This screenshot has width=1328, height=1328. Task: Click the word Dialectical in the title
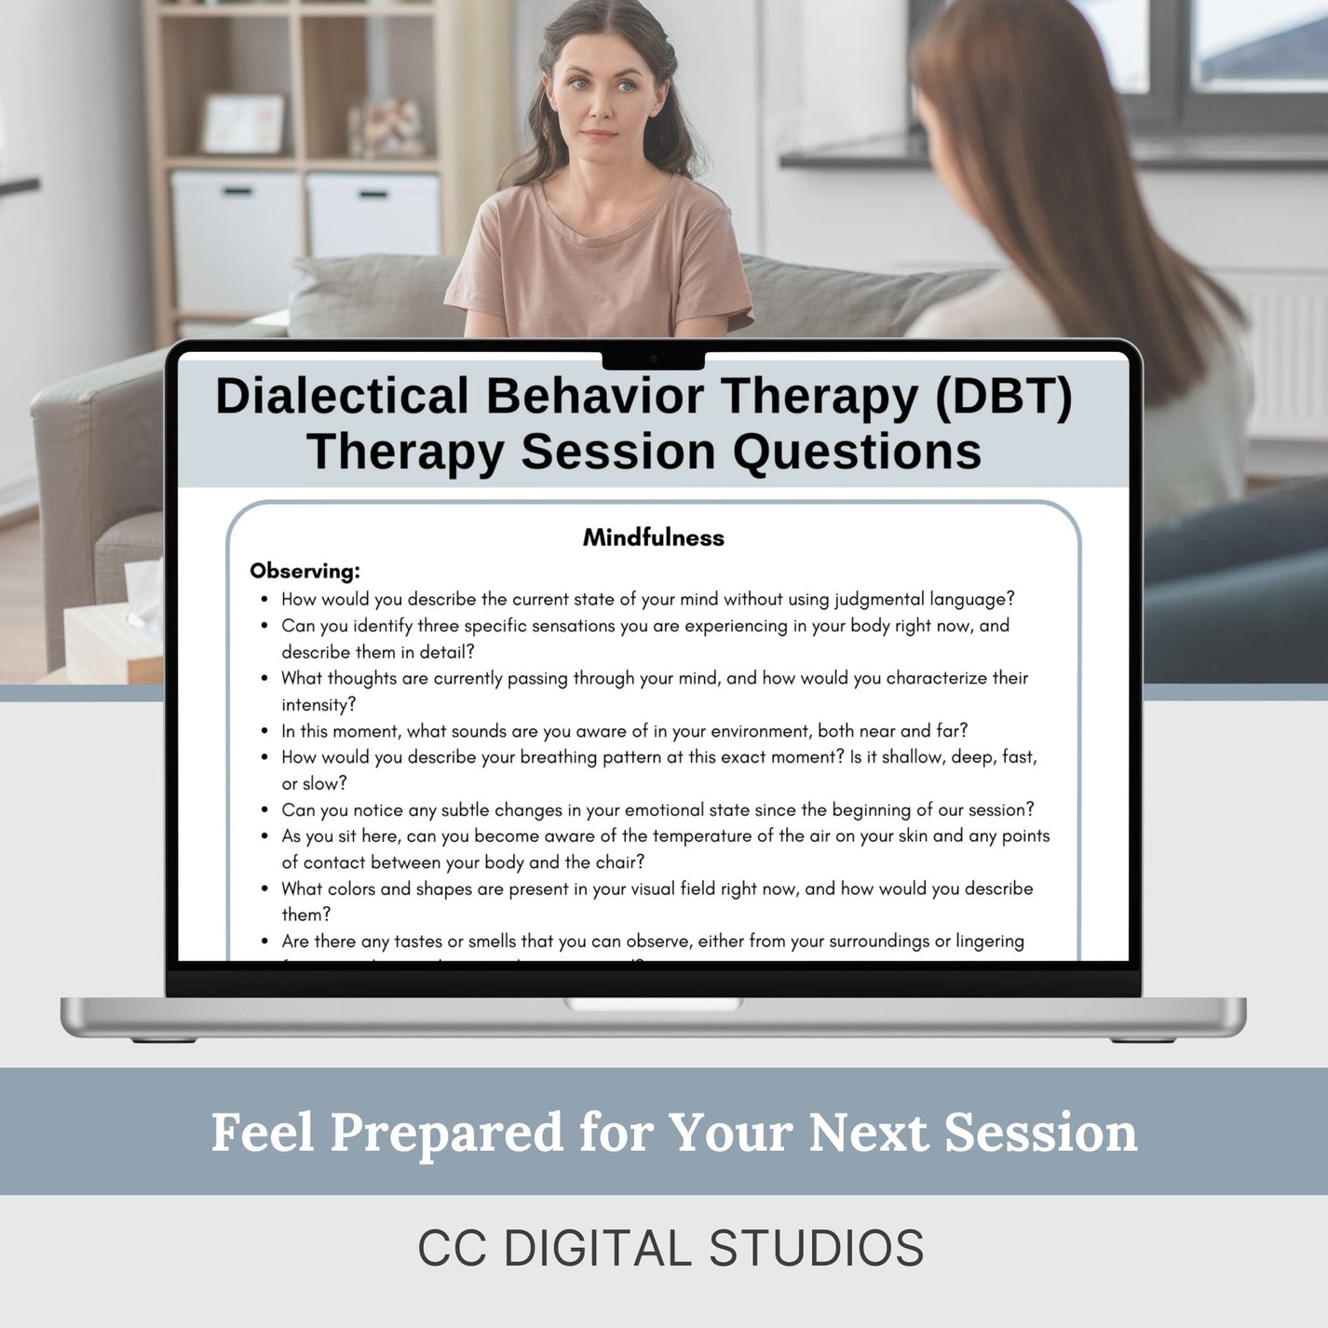click(342, 396)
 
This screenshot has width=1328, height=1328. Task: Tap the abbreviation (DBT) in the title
click(1003, 396)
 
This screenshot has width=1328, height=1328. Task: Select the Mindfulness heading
click(653, 537)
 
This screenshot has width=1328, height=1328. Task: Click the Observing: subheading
click(305, 571)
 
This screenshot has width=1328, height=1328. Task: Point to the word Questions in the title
click(857, 452)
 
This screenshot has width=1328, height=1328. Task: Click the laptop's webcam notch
click(653, 359)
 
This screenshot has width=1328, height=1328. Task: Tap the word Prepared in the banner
click(446, 1132)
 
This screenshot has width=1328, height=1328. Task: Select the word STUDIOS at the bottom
click(816, 1249)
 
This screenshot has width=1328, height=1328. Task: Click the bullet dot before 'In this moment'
click(265, 732)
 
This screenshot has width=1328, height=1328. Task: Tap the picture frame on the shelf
click(243, 123)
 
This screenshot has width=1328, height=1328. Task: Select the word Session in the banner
click(1040, 1132)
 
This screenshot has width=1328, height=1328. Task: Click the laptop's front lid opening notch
click(653, 1004)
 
